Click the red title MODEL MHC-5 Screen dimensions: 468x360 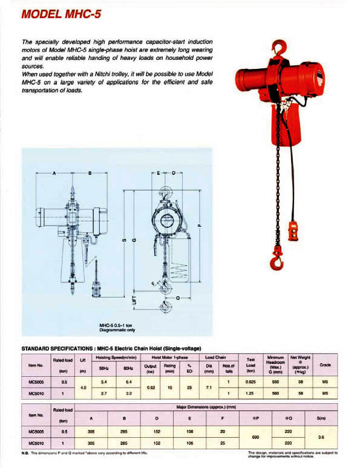(60, 13)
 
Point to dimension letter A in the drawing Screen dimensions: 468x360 (55, 174)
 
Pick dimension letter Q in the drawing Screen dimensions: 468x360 (177, 297)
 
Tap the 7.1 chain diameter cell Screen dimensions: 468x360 (208, 387)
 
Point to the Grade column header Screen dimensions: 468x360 (324, 365)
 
